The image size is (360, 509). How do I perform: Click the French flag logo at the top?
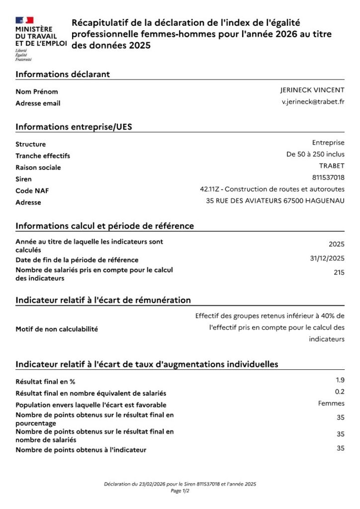pyautogui.click(x=24, y=20)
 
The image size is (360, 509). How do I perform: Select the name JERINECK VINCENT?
pyautogui.click(x=312, y=90)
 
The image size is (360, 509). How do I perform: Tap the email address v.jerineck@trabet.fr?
pyautogui.click(x=313, y=101)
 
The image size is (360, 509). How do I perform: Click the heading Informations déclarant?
pyautogui.click(x=63, y=74)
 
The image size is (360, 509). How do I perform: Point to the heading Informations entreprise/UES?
pyautogui.click(x=74, y=127)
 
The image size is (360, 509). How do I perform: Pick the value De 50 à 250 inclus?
pyautogui.click(x=315, y=154)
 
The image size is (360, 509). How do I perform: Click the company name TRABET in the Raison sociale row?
pyautogui.click(x=332, y=166)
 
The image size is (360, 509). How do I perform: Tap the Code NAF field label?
pyautogui.click(x=32, y=191)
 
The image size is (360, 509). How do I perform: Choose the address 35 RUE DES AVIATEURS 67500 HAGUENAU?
pyautogui.click(x=275, y=201)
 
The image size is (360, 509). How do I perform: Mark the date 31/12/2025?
pyautogui.click(x=327, y=258)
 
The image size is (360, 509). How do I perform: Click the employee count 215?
pyautogui.click(x=339, y=272)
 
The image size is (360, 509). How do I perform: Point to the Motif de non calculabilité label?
pyautogui.click(x=57, y=329)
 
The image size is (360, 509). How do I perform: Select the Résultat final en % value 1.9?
pyautogui.click(x=340, y=380)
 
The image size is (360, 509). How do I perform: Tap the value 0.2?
pyautogui.click(x=340, y=392)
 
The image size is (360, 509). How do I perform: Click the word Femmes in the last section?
pyautogui.click(x=331, y=404)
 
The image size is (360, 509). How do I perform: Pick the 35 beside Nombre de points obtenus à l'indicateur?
pyautogui.click(x=340, y=448)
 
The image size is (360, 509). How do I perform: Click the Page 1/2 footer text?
pyautogui.click(x=180, y=491)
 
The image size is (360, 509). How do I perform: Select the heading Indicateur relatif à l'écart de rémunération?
pyautogui.click(x=103, y=300)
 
